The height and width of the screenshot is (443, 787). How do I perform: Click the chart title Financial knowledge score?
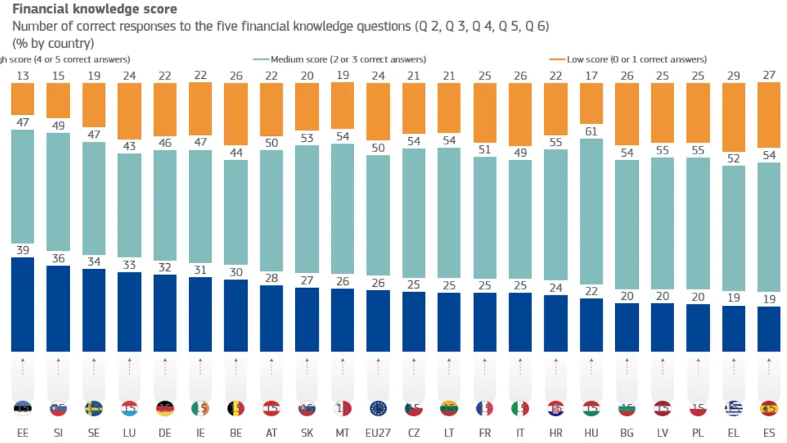tap(94, 9)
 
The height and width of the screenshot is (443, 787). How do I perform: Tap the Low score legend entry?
tap(636, 60)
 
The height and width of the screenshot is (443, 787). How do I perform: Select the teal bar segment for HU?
tap(591, 219)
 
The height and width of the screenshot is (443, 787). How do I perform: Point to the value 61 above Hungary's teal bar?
tap(591, 131)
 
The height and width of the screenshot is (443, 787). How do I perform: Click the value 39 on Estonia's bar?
tap(23, 250)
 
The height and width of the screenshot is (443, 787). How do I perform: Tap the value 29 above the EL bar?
tap(733, 76)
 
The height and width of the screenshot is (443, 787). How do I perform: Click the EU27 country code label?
tap(378, 434)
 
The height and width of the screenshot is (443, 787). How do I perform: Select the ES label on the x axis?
tap(769, 434)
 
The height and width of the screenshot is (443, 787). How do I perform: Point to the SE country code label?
tap(94, 434)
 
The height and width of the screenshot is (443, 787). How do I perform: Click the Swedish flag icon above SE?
tap(94, 408)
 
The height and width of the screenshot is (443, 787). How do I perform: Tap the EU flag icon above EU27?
tap(378, 408)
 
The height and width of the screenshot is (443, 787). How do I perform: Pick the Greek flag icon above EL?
tap(733, 408)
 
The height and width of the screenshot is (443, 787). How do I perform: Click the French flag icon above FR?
tap(485, 408)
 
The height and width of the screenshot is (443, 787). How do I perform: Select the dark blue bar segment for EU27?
tap(378, 320)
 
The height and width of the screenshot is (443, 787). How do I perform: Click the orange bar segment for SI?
tap(58, 100)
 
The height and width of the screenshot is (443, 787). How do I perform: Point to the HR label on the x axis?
tap(555, 434)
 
